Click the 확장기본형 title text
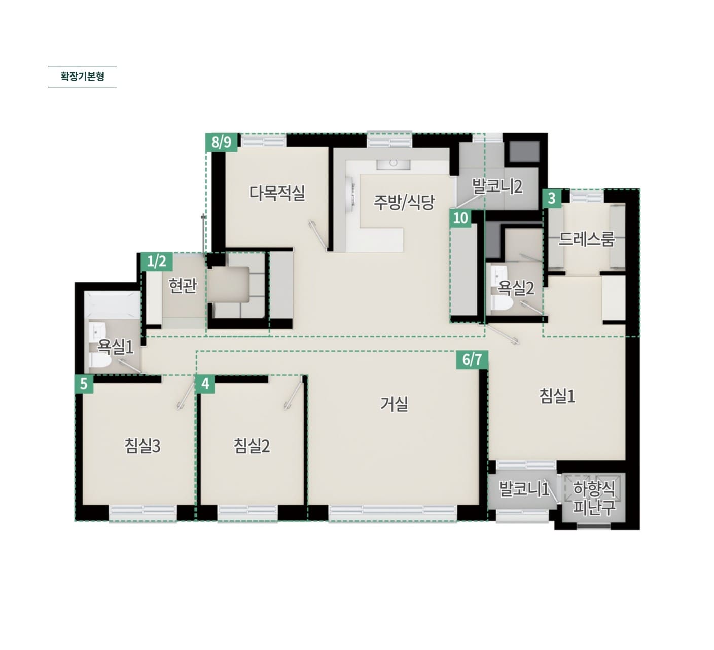82,77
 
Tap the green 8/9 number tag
222,142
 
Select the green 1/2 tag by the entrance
157,262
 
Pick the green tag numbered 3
552,199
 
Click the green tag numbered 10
460,218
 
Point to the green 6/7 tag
472,360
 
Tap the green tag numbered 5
84,384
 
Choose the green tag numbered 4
205,384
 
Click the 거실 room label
394,404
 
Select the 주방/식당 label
404,202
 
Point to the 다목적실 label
277,193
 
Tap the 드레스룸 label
586,239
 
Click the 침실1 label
557,396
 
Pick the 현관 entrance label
183,286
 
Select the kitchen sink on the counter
393,165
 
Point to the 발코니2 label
497,186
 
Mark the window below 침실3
142,513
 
